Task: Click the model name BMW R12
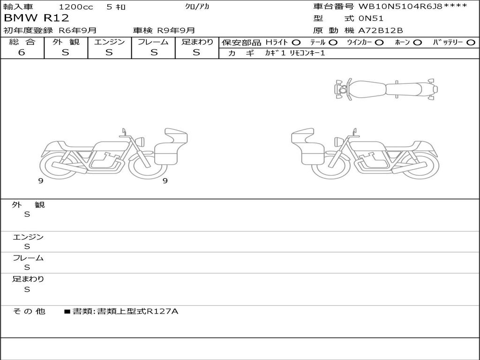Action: (x=37, y=18)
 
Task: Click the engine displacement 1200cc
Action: (x=76, y=7)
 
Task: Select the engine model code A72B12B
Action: (x=381, y=30)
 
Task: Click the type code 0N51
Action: (x=371, y=18)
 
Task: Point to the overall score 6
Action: (x=22, y=52)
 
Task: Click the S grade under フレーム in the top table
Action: (x=154, y=52)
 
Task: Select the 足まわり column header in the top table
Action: (x=197, y=42)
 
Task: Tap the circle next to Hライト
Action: (x=296, y=43)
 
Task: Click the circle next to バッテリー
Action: (x=471, y=43)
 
